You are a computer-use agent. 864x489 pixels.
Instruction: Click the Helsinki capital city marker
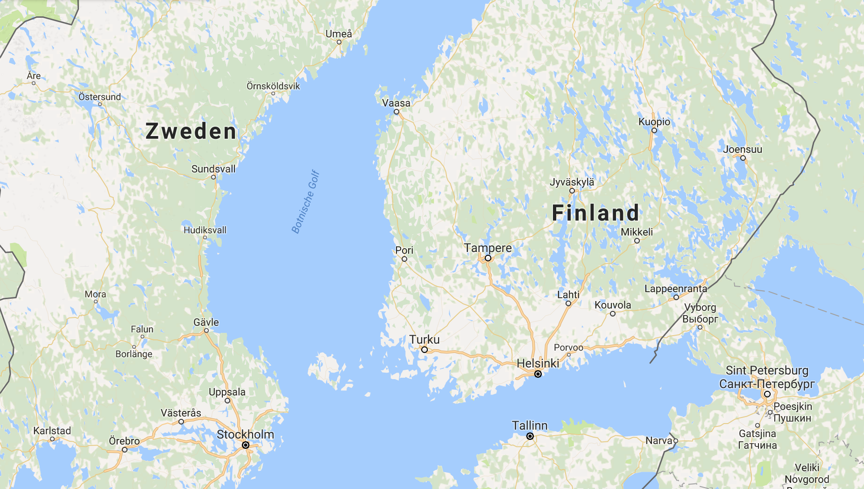coord(538,374)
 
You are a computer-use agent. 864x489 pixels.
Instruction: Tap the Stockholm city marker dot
coord(246,445)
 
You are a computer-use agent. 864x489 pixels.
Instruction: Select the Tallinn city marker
coord(530,436)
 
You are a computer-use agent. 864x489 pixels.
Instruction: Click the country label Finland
coord(595,213)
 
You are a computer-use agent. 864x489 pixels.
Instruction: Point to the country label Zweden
coord(191,131)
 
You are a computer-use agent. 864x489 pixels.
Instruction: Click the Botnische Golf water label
coord(305,201)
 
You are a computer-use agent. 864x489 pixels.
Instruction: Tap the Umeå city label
coord(339,34)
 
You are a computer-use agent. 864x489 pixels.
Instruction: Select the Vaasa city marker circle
coord(397,112)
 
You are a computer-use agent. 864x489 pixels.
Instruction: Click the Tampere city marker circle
coord(488,258)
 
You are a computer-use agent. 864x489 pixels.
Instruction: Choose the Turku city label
coord(425,339)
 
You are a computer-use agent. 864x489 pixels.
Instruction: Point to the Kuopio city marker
coord(654,130)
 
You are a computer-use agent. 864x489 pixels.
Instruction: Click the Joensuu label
coord(743,150)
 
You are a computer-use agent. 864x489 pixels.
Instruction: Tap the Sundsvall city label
coord(213,169)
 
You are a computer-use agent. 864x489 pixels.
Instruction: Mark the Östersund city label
coord(99,97)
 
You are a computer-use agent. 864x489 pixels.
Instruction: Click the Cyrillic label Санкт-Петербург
coord(767,384)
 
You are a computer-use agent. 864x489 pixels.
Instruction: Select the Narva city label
coord(659,440)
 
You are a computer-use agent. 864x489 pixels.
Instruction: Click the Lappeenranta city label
coord(676,288)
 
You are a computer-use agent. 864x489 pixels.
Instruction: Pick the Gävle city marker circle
coord(206,331)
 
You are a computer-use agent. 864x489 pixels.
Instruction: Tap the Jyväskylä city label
coord(572,182)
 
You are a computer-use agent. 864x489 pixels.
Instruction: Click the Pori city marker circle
coord(404,259)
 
